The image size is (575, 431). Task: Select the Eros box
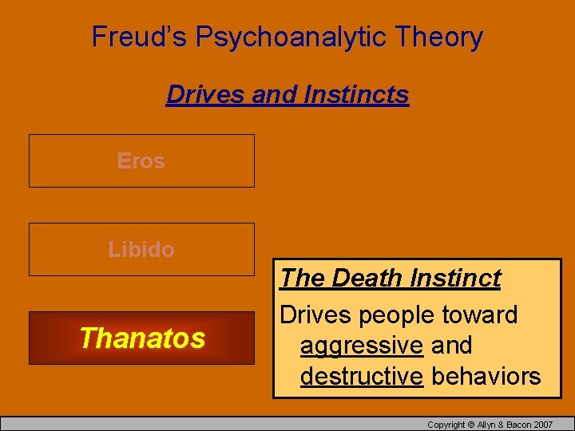point(141,160)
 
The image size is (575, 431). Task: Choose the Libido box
point(141,249)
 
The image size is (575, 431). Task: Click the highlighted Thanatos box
point(141,338)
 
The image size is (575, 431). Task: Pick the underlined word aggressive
point(361,346)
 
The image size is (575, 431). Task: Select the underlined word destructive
point(361,376)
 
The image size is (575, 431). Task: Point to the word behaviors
point(486,376)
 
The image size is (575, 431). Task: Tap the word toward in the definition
point(480,315)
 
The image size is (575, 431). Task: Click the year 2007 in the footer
point(542,424)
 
